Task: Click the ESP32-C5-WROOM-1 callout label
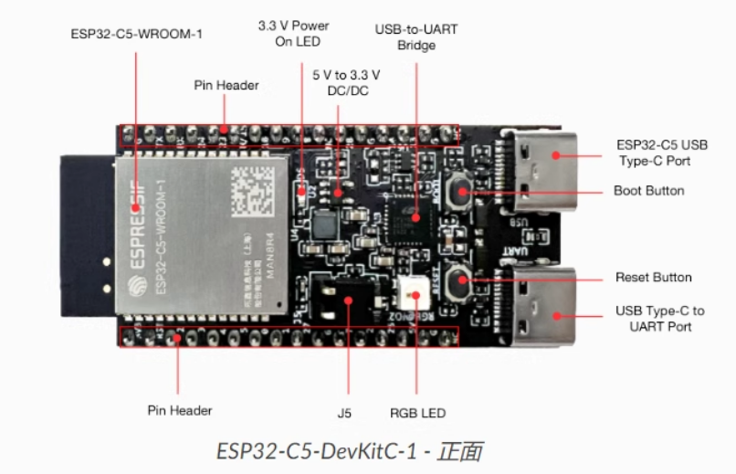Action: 136,35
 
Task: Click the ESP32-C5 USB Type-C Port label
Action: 661,153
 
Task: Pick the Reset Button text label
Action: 653,278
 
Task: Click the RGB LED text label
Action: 417,414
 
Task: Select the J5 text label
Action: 344,414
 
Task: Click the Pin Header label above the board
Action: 226,85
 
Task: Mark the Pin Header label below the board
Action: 180,410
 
